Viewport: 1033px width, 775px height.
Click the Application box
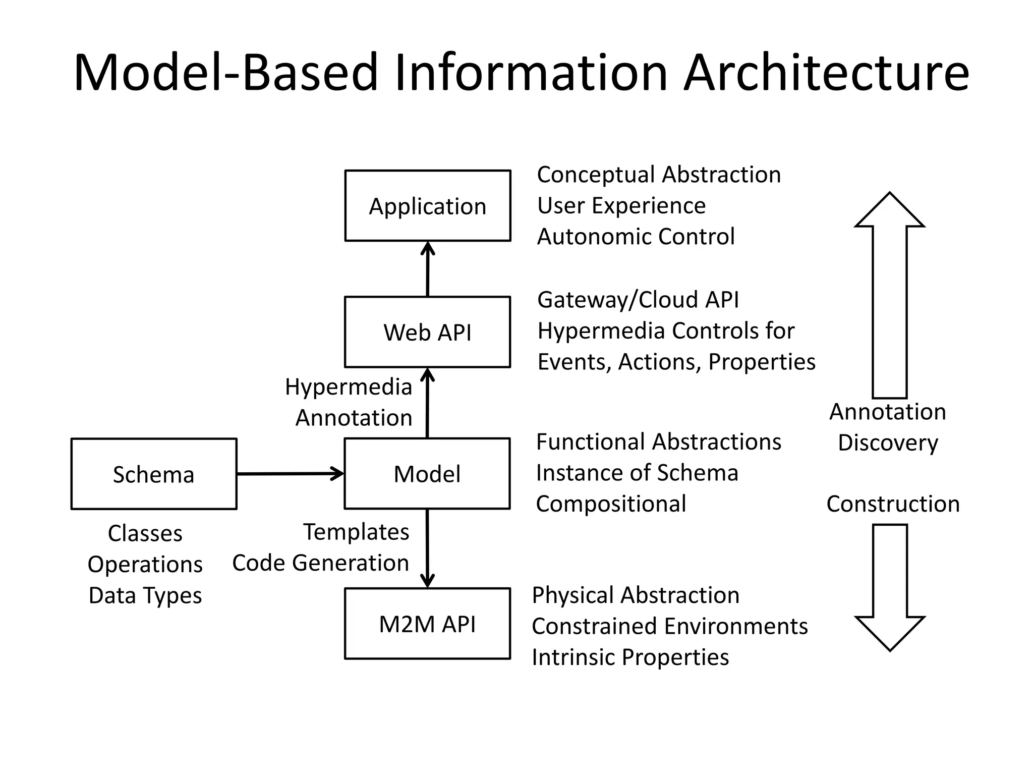[x=428, y=206]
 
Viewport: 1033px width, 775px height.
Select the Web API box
[x=428, y=332]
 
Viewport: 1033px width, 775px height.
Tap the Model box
[x=428, y=474]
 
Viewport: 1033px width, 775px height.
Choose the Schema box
[x=154, y=474]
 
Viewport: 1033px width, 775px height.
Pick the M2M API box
[x=428, y=624]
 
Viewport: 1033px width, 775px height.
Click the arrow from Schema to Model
[x=290, y=474]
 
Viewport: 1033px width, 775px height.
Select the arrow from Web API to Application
[x=428, y=269]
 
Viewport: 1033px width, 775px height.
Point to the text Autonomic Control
[x=636, y=237]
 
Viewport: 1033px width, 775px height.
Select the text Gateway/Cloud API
[x=638, y=300]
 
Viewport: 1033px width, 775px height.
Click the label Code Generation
[x=320, y=563]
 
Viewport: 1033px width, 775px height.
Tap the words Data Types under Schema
[x=145, y=595]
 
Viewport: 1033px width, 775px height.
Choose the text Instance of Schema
[x=637, y=473]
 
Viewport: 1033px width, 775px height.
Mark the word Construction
[x=893, y=504]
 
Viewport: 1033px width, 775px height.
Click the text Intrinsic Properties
[x=630, y=657]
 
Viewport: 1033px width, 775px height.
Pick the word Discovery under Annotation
[x=888, y=443]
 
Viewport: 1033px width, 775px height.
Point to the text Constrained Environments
[x=669, y=626]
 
